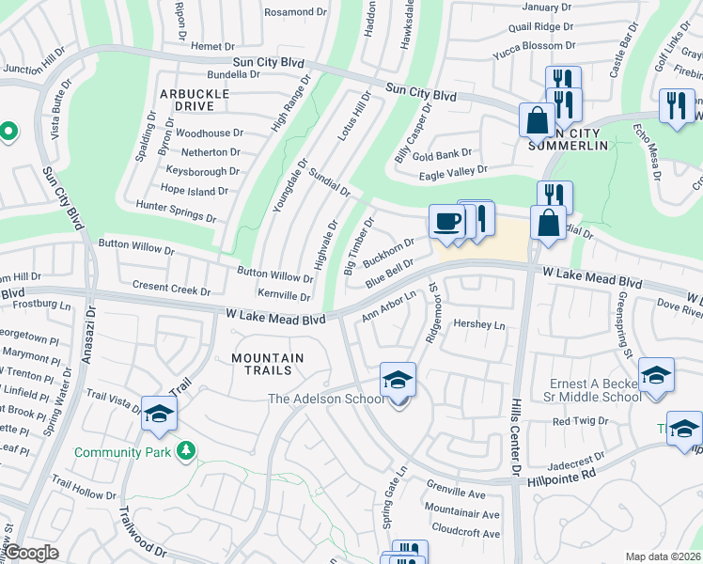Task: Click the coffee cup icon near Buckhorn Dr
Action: point(446,222)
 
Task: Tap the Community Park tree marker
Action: point(187,452)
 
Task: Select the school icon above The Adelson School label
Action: point(398,381)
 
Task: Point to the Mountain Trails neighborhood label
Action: point(268,365)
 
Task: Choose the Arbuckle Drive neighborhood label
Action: point(194,100)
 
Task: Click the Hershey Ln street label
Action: point(479,325)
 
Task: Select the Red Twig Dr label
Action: point(575,421)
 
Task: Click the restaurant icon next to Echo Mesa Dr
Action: point(677,106)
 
